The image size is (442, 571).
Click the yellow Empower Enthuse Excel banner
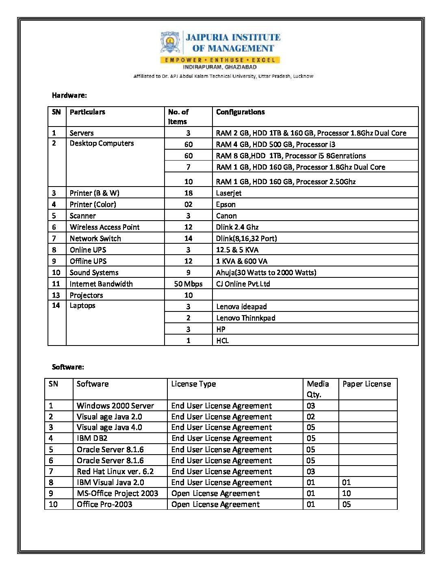click(220, 60)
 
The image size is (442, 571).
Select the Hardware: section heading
click(69, 95)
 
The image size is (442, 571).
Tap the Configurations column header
click(240, 112)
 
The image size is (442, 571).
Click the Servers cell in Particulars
click(82, 133)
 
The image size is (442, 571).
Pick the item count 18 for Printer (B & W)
click(188, 193)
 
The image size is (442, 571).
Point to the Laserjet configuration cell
click(229, 193)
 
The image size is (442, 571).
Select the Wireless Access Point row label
click(104, 227)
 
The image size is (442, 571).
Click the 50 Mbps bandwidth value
click(188, 284)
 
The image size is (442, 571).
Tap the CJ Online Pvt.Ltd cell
click(243, 284)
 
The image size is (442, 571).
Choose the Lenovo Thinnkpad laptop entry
click(245, 318)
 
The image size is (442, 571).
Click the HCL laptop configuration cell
click(223, 341)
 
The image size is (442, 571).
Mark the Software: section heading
click(68, 367)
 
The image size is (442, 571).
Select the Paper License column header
click(366, 384)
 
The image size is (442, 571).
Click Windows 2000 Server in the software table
click(115, 406)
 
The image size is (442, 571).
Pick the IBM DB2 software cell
click(92, 438)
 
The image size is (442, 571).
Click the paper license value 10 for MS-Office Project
click(347, 493)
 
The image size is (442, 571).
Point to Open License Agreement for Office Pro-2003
click(215, 504)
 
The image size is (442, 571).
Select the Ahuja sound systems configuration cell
click(266, 273)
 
